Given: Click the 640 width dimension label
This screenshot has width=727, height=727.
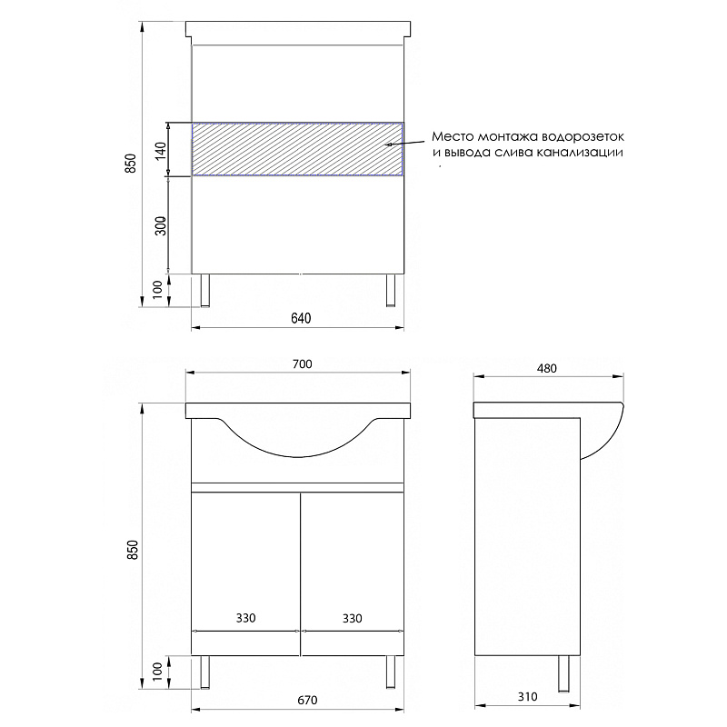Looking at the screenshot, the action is click(301, 318).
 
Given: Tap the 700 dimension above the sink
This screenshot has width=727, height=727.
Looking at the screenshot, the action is click(303, 364).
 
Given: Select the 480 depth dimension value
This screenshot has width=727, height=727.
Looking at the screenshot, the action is click(547, 368).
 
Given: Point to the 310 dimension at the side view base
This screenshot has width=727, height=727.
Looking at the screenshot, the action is click(528, 696).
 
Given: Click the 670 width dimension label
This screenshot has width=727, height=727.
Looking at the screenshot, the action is click(307, 700).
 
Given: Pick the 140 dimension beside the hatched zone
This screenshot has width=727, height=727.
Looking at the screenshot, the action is click(161, 151).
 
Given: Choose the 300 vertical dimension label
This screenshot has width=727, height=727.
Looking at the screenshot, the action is click(161, 225).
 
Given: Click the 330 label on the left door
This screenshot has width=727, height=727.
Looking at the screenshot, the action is click(245, 618).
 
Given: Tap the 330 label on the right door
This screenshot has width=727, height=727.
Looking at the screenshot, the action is click(353, 618).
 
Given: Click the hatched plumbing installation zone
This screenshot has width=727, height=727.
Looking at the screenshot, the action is click(297, 149).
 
